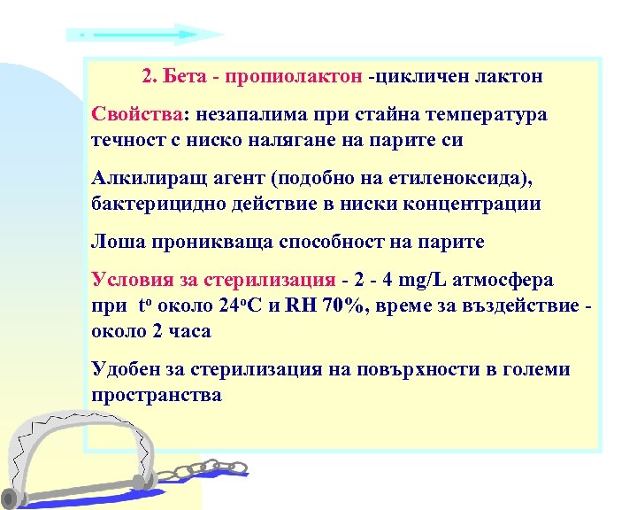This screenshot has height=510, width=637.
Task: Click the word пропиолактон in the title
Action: click(x=294, y=77)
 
